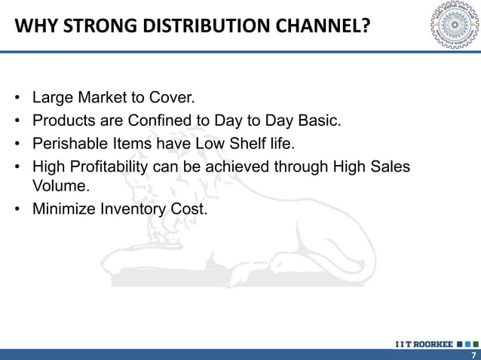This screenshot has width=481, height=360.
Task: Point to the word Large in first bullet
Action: pyautogui.click(x=51, y=98)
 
